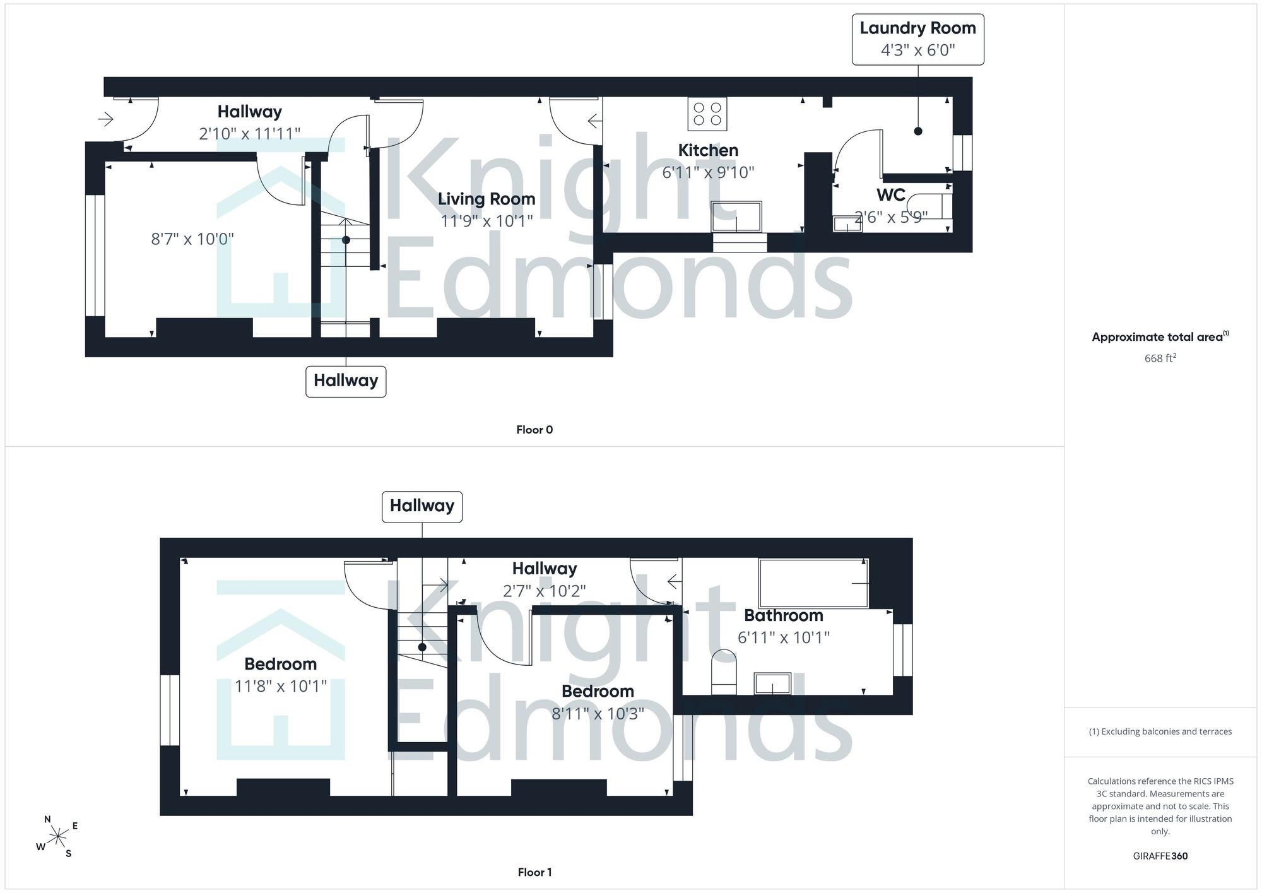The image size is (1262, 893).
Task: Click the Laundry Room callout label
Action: coord(917,39)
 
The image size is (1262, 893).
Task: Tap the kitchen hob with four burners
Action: coord(707,114)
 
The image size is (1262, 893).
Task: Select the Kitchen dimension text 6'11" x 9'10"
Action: coord(708,172)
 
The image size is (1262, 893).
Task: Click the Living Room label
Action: coord(487,199)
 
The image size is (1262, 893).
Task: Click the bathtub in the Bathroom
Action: coord(814,583)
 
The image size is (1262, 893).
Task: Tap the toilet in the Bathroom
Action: coord(724,672)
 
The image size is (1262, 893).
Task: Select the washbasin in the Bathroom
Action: coord(772,683)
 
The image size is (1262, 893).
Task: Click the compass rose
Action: coord(57,837)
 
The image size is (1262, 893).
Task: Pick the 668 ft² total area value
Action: coord(1160,358)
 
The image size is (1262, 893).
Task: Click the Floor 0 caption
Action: coord(534,430)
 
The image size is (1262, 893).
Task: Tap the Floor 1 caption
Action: coord(534,872)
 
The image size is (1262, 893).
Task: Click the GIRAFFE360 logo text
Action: coord(1160,856)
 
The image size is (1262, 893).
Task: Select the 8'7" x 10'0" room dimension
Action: coord(192,239)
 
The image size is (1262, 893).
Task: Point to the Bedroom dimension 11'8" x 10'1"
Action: coord(281,686)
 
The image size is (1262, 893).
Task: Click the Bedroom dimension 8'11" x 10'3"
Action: coord(598,714)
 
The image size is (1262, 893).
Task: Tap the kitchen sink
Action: coord(736,217)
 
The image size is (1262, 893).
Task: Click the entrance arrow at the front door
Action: coord(105,118)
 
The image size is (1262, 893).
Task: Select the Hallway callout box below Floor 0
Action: coord(346,381)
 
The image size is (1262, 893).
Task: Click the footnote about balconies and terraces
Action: coord(1160,731)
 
